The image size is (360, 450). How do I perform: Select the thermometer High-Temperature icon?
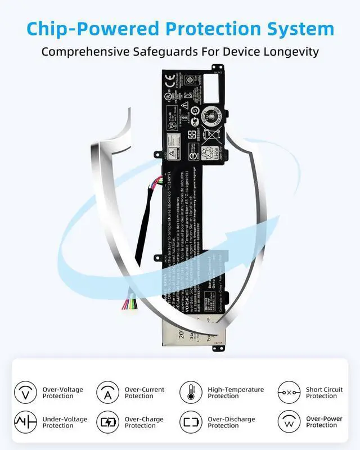point(191,392)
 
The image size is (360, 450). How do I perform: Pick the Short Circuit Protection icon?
point(289,392)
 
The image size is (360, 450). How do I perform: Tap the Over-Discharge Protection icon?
point(191,422)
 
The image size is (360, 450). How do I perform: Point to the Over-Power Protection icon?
point(289,422)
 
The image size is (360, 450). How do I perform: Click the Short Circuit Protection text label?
point(324,393)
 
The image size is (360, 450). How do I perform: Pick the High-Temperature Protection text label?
point(236,393)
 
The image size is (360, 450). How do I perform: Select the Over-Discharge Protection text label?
point(231,422)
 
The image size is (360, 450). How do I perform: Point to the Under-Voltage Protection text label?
point(66,422)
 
